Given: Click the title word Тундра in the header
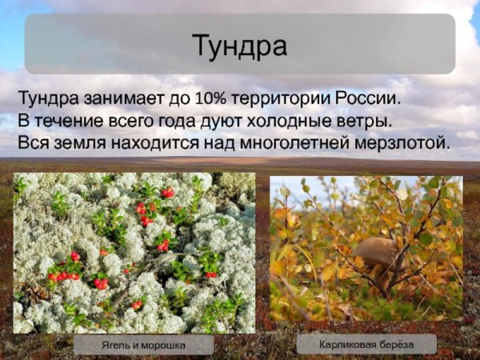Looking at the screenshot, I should click(x=239, y=46).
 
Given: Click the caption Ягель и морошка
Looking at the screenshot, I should click(x=142, y=346).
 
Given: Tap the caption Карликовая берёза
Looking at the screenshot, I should click(x=366, y=345).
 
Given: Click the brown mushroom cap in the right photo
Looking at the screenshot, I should click(x=376, y=252).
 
